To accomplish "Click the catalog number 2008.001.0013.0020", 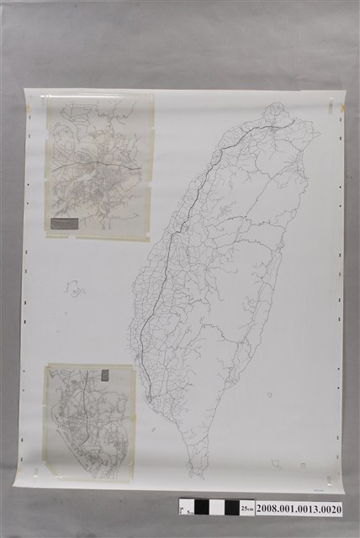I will [299, 509].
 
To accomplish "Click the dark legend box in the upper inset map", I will [65, 224].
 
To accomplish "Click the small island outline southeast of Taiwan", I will [277, 462].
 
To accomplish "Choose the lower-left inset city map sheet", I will [90, 422].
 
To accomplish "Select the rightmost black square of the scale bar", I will [233, 508].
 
